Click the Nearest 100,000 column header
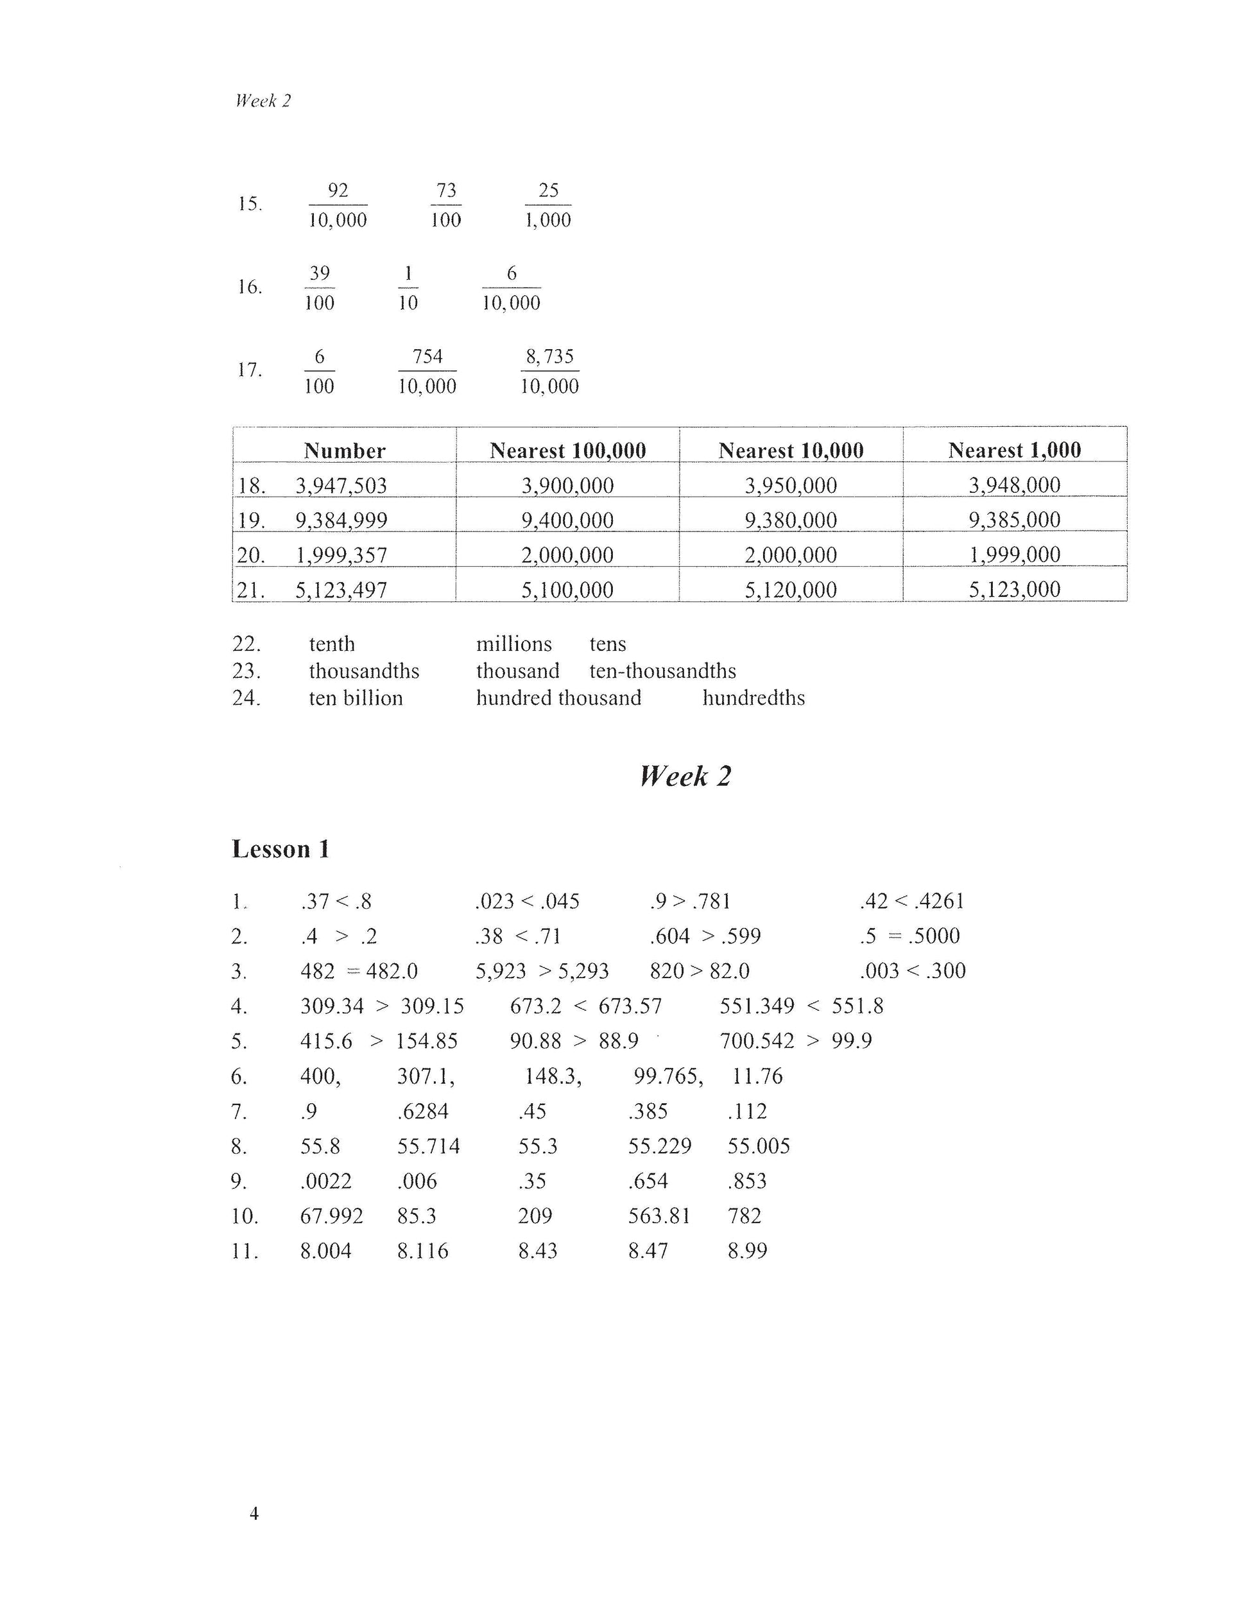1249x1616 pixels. pyautogui.click(x=567, y=450)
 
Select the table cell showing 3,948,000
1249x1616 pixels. pyautogui.click(x=1015, y=485)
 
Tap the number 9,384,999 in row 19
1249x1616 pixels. pyautogui.click(x=341, y=520)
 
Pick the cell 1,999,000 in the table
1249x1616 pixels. pyautogui.click(x=1015, y=554)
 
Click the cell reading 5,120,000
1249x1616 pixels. pyautogui.click(x=790, y=590)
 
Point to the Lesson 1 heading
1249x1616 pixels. pyautogui.click(x=280, y=848)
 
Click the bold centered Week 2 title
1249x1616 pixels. pyautogui.click(x=685, y=776)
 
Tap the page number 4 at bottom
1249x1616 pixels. pyautogui.click(x=254, y=1514)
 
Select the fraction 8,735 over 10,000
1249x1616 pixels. pyautogui.click(x=550, y=371)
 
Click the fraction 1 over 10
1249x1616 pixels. pyautogui.click(x=408, y=288)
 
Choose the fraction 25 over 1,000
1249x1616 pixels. pyautogui.click(x=548, y=205)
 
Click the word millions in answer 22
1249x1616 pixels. pyautogui.click(x=513, y=644)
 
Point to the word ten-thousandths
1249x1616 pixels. pyautogui.click(x=662, y=671)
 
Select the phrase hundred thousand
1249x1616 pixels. pyautogui.click(x=558, y=698)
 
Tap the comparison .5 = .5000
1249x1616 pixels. pyautogui.click(x=909, y=936)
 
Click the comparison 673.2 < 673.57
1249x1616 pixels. pyautogui.click(x=585, y=1006)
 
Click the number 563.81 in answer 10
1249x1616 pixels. pyautogui.click(x=659, y=1216)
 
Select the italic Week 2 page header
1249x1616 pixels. pyautogui.click(x=263, y=101)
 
